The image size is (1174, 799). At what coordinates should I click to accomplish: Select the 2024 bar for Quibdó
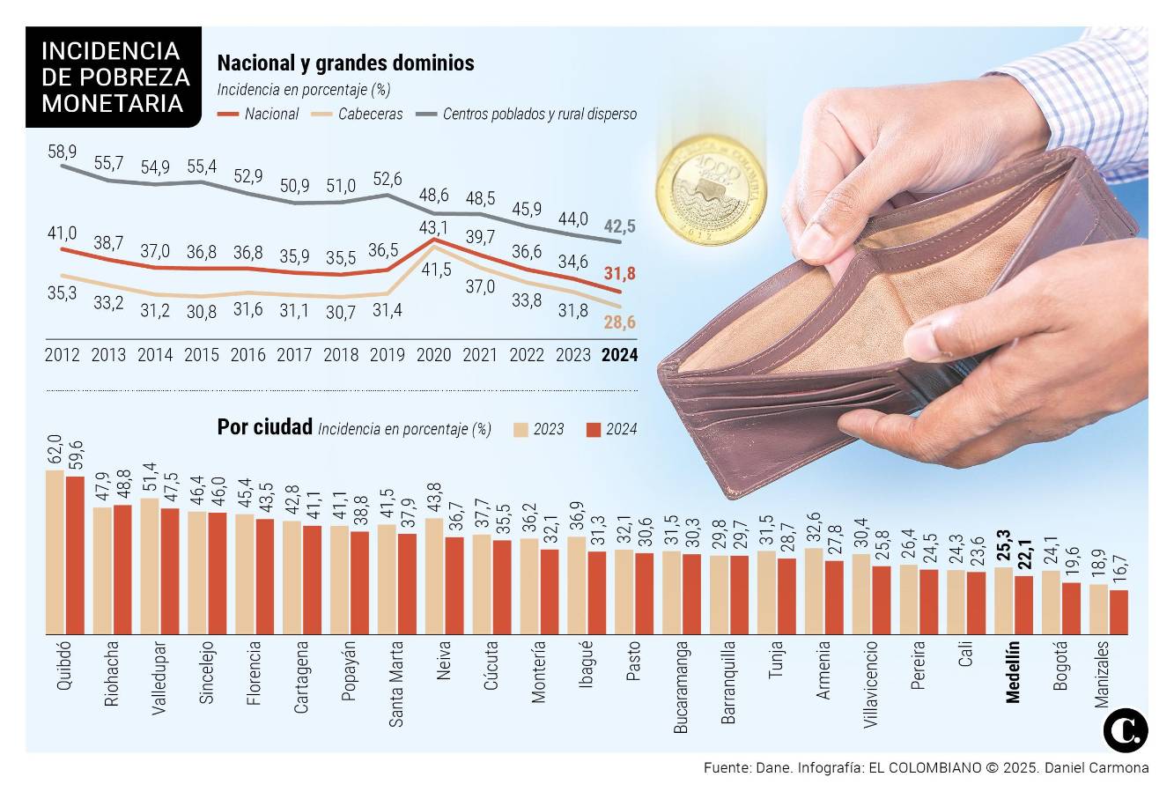(x=75, y=555)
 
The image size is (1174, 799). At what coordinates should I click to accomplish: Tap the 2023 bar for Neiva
(x=433, y=576)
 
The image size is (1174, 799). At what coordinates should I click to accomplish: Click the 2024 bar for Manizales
(x=1119, y=612)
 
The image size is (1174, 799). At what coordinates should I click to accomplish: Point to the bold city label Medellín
(x=1013, y=671)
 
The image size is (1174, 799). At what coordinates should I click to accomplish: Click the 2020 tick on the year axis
(x=433, y=355)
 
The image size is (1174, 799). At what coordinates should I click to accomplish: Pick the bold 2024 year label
(x=618, y=355)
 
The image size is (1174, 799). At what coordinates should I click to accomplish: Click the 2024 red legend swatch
(x=593, y=429)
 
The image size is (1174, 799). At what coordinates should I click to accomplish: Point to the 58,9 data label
(x=62, y=152)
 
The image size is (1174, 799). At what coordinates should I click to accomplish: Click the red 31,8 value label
(x=620, y=273)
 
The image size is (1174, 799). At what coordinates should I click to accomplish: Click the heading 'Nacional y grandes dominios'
(x=345, y=63)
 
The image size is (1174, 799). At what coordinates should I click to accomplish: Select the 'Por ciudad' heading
(x=264, y=427)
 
